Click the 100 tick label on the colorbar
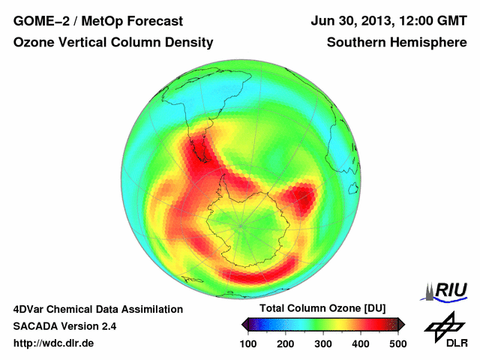pyautogui.click(x=249, y=343)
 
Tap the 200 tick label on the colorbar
pyautogui.click(x=286, y=343)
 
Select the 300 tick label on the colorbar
pyautogui.click(x=323, y=343)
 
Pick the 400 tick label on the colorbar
pyautogui.click(x=360, y=343)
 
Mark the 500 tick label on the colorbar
pyautogui.click(x=397, y=343)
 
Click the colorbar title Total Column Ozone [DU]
pyautogui.click(x=322, y=309)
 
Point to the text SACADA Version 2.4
pyautogui.click(x=64, y=326)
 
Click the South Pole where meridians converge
pyautogui.click(x=241, y=224)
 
